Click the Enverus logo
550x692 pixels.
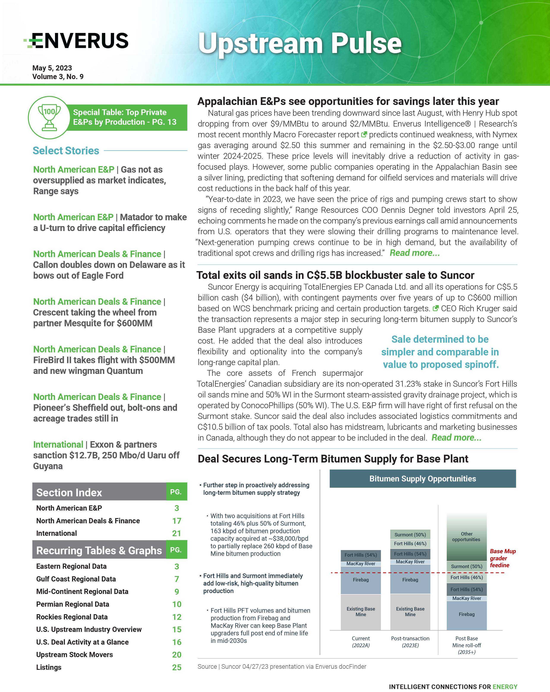coord(76,41)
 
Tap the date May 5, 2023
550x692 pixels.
coord(52,68)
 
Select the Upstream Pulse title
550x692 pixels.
coord(299,43)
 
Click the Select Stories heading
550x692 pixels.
coord(66,150)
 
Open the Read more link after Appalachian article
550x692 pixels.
coord(414,253)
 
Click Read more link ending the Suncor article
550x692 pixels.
coord(456,438)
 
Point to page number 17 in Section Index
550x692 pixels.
coord(176,521)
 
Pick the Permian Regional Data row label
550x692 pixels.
coord(73,604)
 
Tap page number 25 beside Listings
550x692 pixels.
coord(176,667)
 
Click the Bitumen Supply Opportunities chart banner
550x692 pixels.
coord(423,479)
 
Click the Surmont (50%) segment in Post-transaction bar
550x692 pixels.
coord(410,535)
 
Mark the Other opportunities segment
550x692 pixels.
coord(467,537)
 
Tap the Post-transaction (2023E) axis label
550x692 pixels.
coord(410,642)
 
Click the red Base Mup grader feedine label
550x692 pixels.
coord(503,558)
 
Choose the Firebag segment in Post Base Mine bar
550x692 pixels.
coord(467,614)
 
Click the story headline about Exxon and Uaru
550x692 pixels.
coord(106,455)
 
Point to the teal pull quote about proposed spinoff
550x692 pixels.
coord(440,352)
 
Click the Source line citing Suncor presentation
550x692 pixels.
coord(282,667)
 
